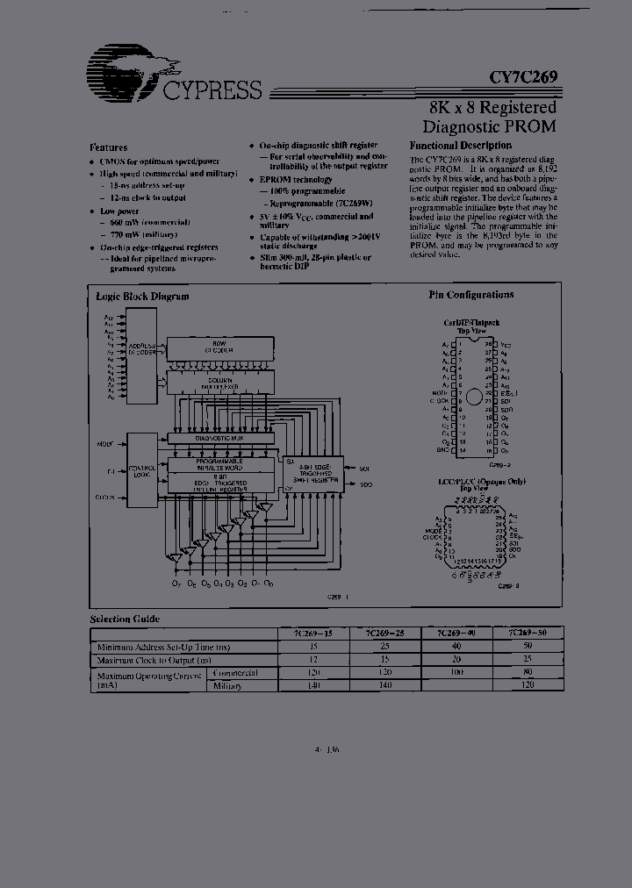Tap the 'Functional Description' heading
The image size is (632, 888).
(460, 146)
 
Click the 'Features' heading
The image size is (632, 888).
(109, 147)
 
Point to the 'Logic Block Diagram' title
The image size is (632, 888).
(142, 297)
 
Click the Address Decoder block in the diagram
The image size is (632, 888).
(142, 349)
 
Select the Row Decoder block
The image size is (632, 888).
(219, 346)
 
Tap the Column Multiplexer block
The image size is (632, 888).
(219, 382)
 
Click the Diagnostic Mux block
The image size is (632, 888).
(219, 437)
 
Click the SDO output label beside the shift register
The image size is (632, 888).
(365, 484)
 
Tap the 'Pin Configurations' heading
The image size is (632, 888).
(471, 295)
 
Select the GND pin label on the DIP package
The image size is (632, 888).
(444, 449)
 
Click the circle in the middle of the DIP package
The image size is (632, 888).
(474, 397)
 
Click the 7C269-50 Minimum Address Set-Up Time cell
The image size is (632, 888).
(527, 645)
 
